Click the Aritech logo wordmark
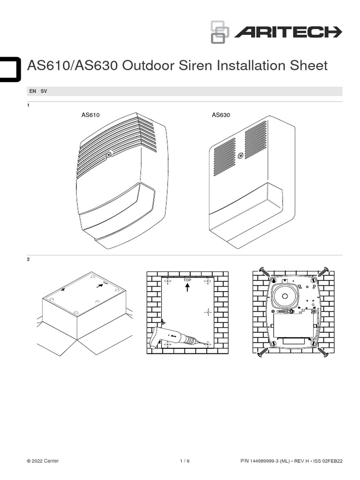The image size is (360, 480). click(288, 32)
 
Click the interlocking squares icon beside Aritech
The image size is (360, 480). click(219, 32)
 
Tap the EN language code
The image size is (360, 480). click(33, 91)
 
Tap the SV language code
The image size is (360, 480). click(44, 91)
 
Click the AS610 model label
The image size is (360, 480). click(90, 115)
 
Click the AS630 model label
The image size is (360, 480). click(221, 115)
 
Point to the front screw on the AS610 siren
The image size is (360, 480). click(109, 154)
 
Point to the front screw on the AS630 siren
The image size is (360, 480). click(240, 156)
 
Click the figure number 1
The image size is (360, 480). click(29, 105)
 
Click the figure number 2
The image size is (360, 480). click(29, 260)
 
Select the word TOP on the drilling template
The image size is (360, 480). click(187, 279)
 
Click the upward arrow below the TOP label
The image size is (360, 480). click(187, 287)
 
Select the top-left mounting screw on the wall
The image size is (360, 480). click(264, 271)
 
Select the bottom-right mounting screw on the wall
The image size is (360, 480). click(323, 352)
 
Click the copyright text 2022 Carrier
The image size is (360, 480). click(43, 461)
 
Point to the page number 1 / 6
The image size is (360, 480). click(185, 461)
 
